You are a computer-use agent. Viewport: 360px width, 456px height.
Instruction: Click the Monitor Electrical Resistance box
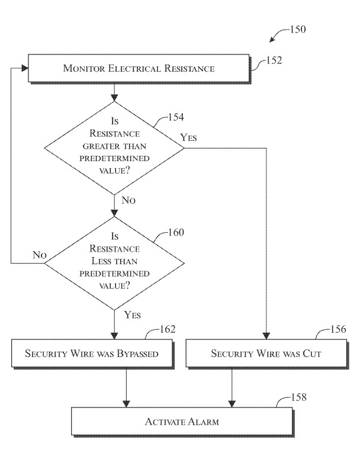coord(139,69)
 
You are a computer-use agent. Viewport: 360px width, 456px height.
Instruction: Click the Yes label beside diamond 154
coord(189,138)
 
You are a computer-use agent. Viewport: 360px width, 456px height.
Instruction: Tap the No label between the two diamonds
coord(128,200)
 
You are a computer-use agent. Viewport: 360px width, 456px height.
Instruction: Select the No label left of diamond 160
coord(40,255)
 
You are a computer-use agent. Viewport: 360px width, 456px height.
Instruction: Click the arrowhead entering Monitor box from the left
coord(25,69)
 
